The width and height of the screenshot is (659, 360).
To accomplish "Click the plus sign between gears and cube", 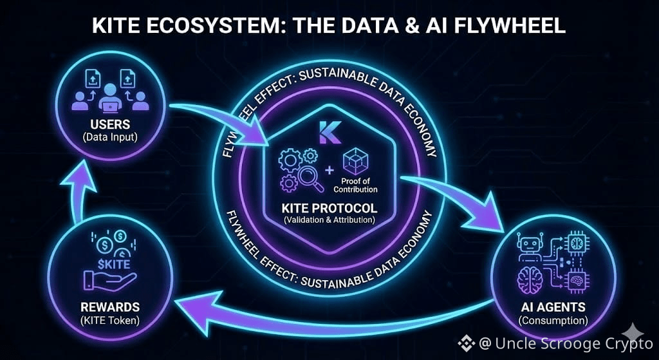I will [330, 170].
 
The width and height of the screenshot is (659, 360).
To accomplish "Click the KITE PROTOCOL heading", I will [329, 209].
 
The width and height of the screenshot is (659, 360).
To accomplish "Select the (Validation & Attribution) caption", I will [329, 222].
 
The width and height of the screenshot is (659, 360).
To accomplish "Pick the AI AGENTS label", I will [553, 307].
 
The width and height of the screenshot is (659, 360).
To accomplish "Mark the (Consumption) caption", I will [553, 320].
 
